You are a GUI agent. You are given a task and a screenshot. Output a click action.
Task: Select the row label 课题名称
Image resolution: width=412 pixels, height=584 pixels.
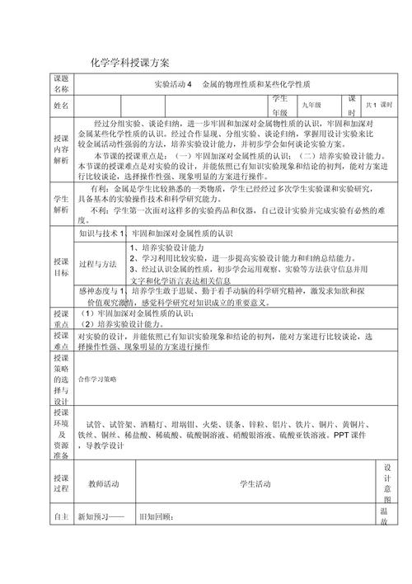[x=62, y=83]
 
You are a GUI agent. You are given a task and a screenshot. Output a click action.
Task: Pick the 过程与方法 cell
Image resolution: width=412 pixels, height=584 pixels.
[x=97, y=264]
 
